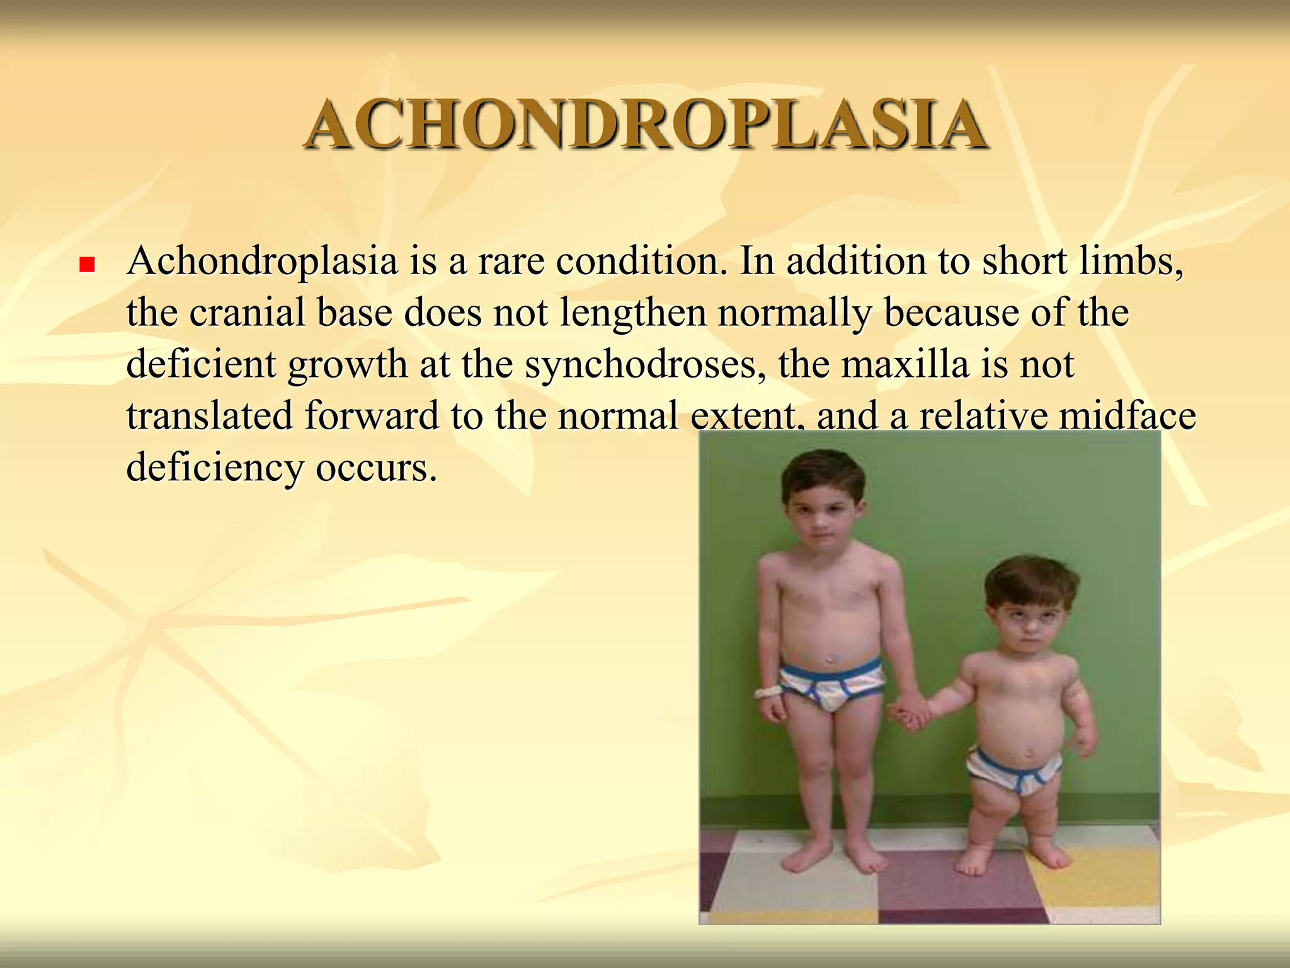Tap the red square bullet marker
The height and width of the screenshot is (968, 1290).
(87, 264)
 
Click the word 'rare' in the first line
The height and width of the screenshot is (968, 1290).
(511, 261)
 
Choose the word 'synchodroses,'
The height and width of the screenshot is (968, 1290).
(646, 366)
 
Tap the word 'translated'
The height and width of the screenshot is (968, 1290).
(210, 416)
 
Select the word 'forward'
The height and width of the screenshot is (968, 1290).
(372, 416)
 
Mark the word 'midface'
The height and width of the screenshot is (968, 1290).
(1121, 416)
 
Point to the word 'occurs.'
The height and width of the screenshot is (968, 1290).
(376, 469)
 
